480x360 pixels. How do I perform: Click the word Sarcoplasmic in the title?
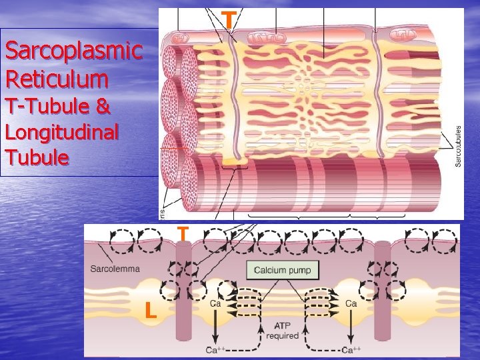click(73, 51)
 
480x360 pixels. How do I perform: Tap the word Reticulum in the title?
click(56, 79)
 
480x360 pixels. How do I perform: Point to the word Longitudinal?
click(61, 132)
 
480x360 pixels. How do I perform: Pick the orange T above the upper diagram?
click(229, 20)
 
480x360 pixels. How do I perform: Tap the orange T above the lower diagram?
click(183, 235)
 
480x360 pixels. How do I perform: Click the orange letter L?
click(151, 310)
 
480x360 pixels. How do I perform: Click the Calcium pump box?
click(283, 270)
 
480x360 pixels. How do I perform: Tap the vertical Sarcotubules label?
click(458, 147)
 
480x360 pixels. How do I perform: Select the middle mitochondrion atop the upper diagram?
click(263, 37)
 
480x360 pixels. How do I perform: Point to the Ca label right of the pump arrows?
click(352, 304)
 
